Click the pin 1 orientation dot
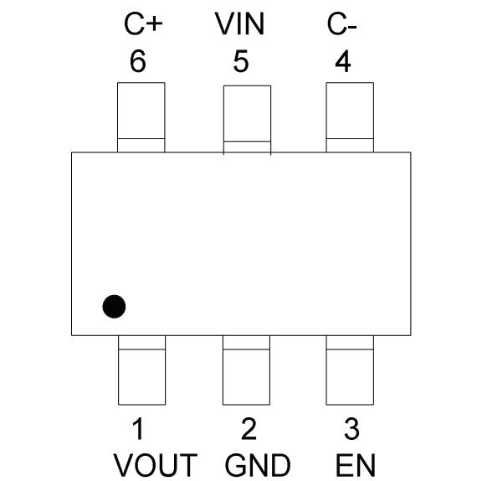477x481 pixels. (x=114, y=307)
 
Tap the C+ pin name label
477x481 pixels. (x=143, y=24)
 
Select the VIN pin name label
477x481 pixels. (x=239, y=24)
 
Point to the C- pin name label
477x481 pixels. (x=341, y=24)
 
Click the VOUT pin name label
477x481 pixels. (x=156, y=465)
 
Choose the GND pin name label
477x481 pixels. (x=258, y=465)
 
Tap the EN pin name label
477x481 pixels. (x=356, y=465)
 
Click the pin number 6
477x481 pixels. (x=138, y=61)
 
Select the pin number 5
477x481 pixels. (x=241, y=61)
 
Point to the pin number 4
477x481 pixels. (x=343, y=61)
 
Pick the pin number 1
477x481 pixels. (x=138, y=428)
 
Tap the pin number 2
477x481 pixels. (x=249, y=428)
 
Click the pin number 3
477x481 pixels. (x=351, y=428)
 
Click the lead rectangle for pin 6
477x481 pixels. (x=141, y=117)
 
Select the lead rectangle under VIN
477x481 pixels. (x=247, y=119)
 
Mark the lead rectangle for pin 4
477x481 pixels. (x=350, y=117)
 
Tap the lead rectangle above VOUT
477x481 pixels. (x=141, y=370)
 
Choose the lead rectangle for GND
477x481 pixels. (x=246, y=370)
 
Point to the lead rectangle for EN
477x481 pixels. (x=350, y=370)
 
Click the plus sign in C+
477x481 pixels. (x=154, y=24)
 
